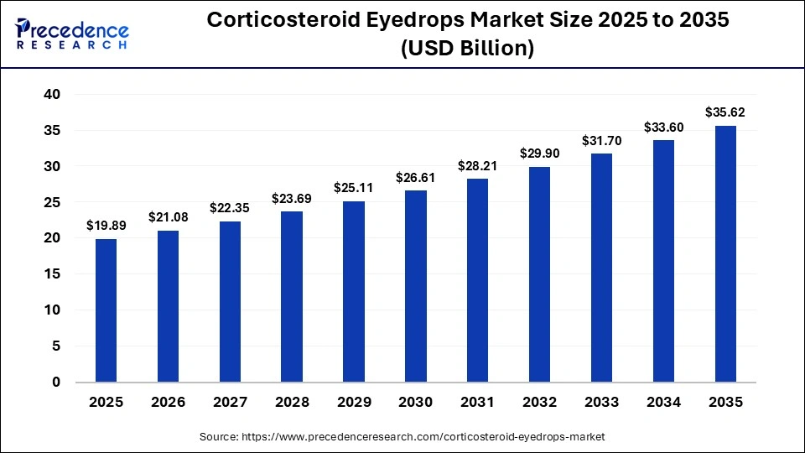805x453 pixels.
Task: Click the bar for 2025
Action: (x=106, y=310)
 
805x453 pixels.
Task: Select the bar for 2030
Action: (x=416, y=285)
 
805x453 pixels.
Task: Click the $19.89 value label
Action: (x=106, y=225)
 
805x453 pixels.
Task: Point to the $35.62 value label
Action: (x=725, y=112)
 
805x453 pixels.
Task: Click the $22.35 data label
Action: (x=230, y=207)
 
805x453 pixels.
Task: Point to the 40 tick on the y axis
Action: (x=52, y=95)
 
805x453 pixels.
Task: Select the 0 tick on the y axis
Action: (x=56, y=383)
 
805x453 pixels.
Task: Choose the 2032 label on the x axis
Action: (x=539, y=403)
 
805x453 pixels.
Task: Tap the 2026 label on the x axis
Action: (x=168, y=403)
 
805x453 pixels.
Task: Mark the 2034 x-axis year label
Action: (x=663, y=403)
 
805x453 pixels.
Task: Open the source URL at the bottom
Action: (x=402, y=437)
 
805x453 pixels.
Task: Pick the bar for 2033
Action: (x=601, y=268)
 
